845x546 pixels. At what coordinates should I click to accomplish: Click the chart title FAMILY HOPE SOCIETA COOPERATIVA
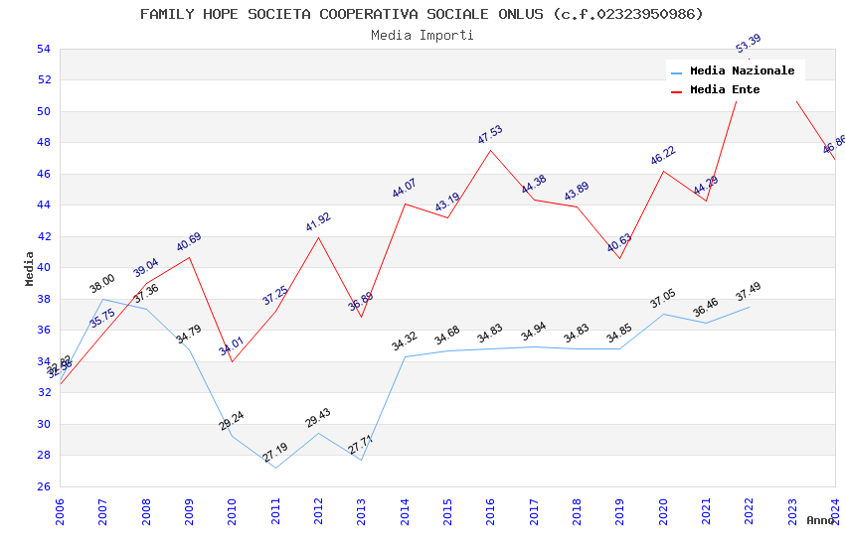point(422,14)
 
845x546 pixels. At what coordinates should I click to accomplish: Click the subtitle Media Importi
point(422,35)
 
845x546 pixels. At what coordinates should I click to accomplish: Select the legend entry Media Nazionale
point(742,71)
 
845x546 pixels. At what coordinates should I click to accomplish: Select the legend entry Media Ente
point(724,90)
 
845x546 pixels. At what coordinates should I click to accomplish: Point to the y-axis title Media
point(30,268)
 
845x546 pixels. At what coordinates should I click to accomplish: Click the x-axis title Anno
point(820,520)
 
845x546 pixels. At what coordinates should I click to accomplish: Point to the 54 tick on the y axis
point(43,49)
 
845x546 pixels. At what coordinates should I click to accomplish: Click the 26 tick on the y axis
point(43,486)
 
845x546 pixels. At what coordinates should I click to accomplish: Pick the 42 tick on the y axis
point(43,236)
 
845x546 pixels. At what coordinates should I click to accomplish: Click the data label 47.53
point(490,135)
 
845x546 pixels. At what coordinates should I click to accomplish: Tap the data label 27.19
point(275,454)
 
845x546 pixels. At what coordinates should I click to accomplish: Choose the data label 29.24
point(232,421)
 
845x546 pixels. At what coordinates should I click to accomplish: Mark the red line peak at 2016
point(490,150)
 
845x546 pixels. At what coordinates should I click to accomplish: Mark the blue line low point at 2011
point(275,468)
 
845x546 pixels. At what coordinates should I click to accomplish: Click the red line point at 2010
point(232,361)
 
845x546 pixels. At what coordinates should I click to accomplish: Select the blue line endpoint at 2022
point(749,307)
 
